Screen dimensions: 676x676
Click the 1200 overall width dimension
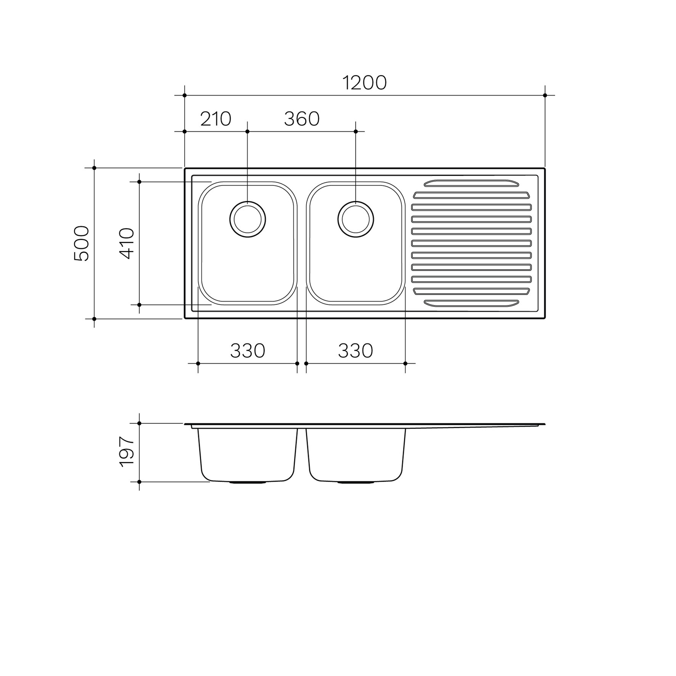point(364,83)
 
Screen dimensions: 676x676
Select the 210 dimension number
point(216,119)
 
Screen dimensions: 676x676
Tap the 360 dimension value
point(302,119)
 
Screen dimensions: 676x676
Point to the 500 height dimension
point(82,243)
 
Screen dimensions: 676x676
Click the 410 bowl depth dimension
point(127,243)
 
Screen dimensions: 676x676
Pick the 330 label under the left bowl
point(248,351)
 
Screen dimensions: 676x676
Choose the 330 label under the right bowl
point(355,351)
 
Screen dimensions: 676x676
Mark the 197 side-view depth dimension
point(127,452)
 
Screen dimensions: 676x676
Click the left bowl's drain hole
point(248,219)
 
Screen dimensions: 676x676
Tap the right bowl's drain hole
point(356,219)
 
